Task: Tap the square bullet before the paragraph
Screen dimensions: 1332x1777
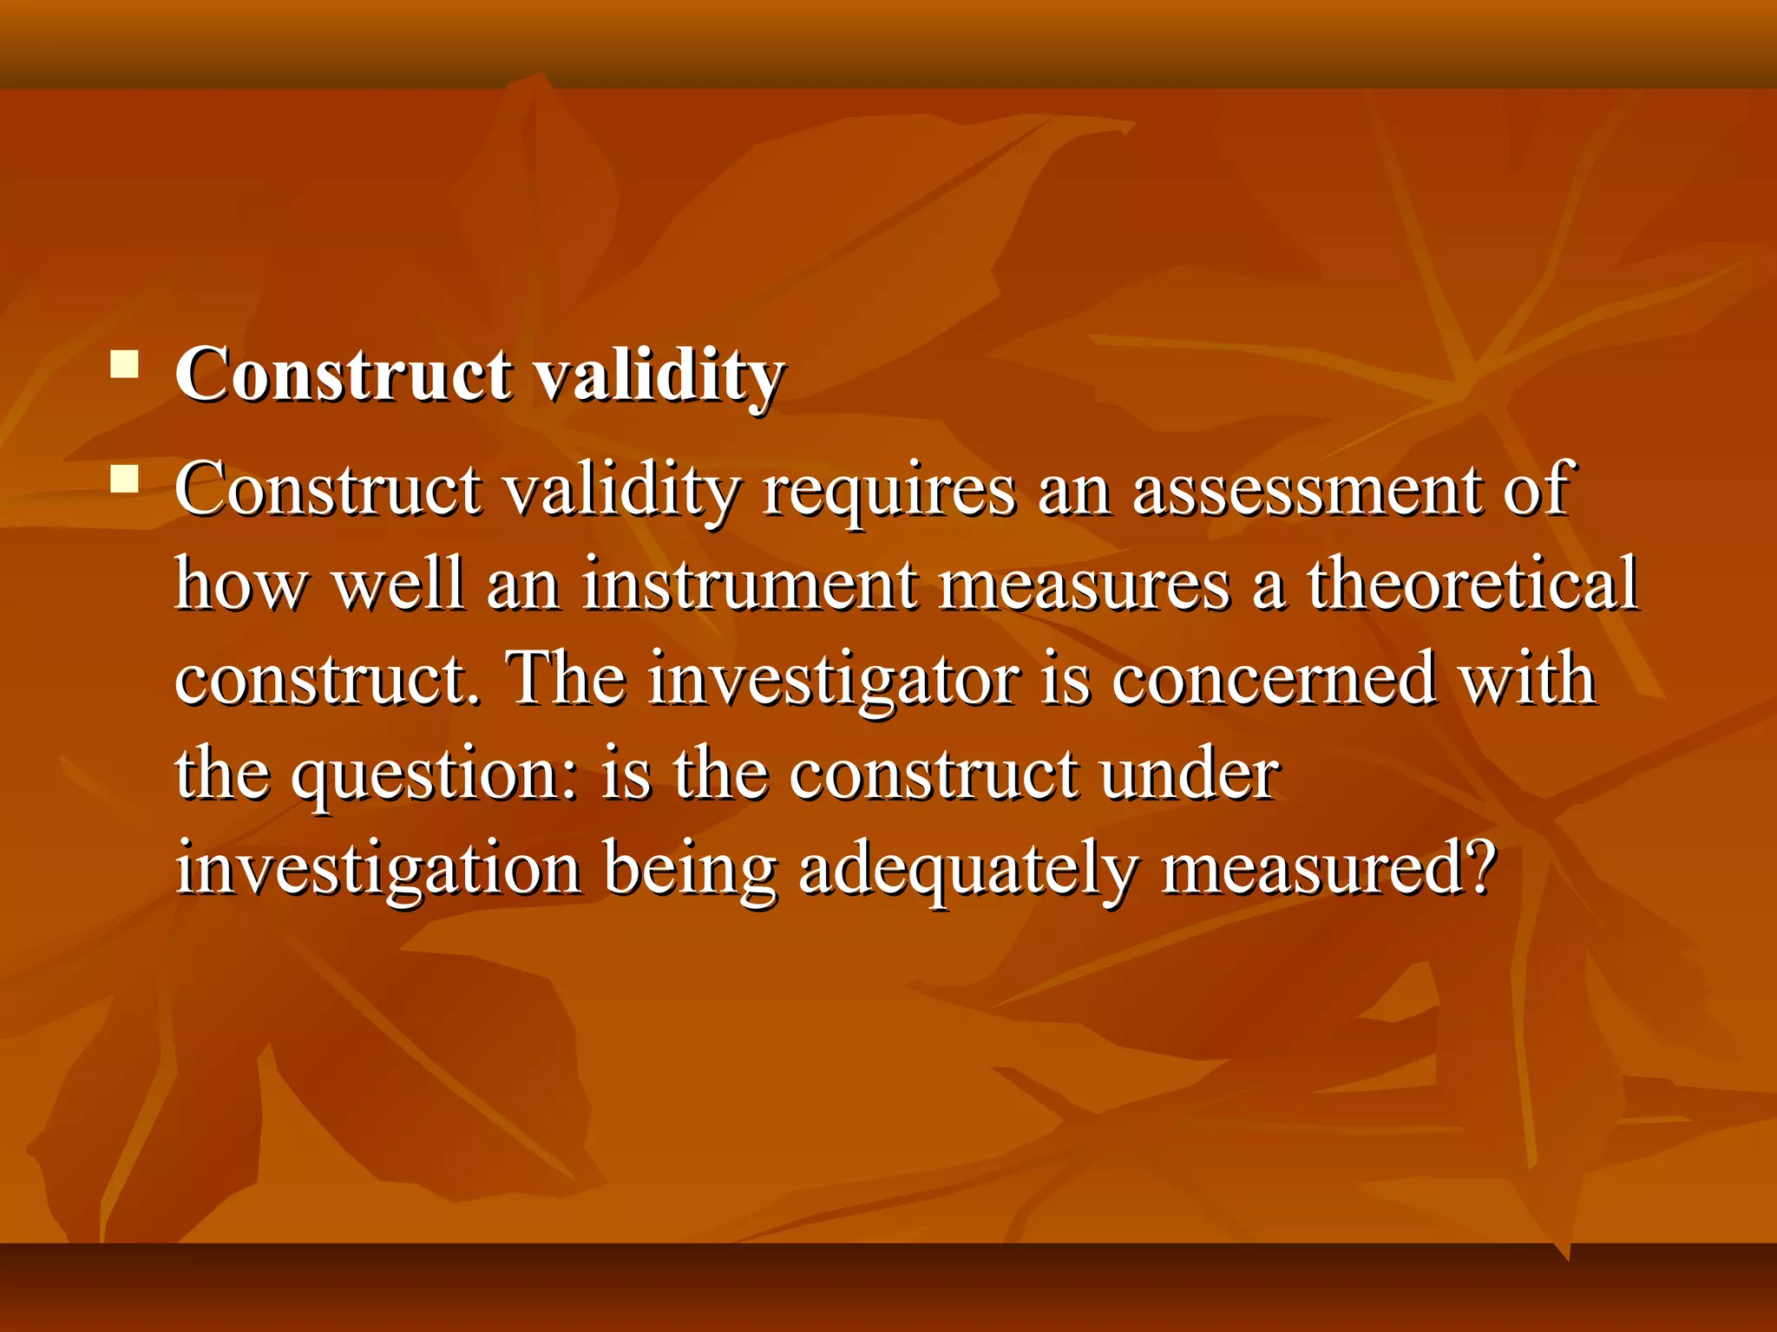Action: pyautogui.click(x=125, y=479)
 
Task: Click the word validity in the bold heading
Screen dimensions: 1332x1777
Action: pyautogui.click(x=657, y=375)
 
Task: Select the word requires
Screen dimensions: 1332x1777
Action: pyautogui.click(x=888, y=491)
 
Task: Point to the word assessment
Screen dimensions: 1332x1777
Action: pyautogui.click(x=1307, y=491)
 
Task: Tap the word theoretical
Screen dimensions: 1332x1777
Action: pyautogui.click(x=1472, y=584)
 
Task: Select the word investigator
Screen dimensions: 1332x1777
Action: pyautogui.click(x=834, y=680)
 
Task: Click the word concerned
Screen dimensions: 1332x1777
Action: pyautogui.click(x=1273, y=680)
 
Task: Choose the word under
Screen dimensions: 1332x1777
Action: pyautogui.click(x=1189, y=774)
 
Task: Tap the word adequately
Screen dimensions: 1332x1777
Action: pyautogui.click(x=967, y=869)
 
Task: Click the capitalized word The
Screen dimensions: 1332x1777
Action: pyautogui.click(x=566, y=678)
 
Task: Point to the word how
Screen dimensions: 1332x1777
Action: pyautogui.click(x=240, y=584)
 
